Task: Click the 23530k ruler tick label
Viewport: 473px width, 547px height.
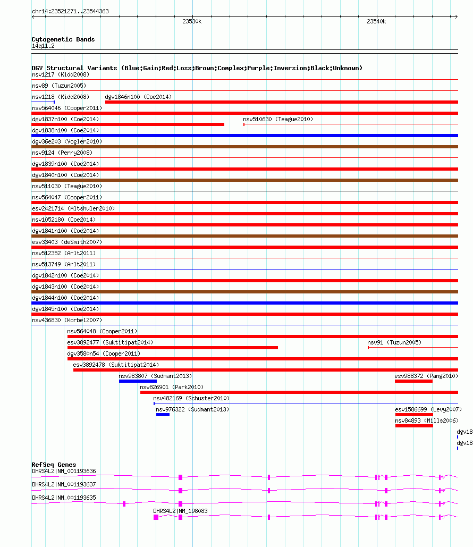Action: tap(191, 21)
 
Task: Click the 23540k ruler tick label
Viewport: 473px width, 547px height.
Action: tap(376, 21)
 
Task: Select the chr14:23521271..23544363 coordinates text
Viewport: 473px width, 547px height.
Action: tap(70, 11)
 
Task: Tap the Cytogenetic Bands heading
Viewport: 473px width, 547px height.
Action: tap(63, 39)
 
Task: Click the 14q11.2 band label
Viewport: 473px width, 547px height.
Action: tap(43, 46)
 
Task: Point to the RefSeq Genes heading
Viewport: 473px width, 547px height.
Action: tap(54, 465)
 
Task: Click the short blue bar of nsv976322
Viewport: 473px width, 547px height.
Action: tap(163, 415)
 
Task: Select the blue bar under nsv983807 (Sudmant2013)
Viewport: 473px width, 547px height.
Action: tap(138, 381)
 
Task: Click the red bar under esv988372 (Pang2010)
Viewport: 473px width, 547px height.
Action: tap(413, 381)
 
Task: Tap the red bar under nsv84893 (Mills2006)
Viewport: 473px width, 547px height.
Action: tap(414, 426)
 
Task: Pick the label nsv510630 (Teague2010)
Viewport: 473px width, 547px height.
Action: tap(278, 119)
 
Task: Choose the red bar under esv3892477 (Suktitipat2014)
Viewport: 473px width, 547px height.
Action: tap(172, 348)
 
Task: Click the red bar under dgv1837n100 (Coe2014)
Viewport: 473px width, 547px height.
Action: tap(128, 124)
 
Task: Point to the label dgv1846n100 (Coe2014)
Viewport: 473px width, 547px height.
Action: tap(138, 97)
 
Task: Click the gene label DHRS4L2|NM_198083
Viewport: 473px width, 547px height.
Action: tap(180, 511)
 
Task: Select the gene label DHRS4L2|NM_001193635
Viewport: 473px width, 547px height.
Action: tap(64, 498)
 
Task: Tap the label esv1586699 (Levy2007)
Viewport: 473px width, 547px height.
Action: tap(428, 409)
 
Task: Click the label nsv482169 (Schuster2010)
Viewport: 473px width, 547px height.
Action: tap(191, 398)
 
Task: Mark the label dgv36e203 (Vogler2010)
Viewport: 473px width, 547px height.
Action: tap(67, 141)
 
